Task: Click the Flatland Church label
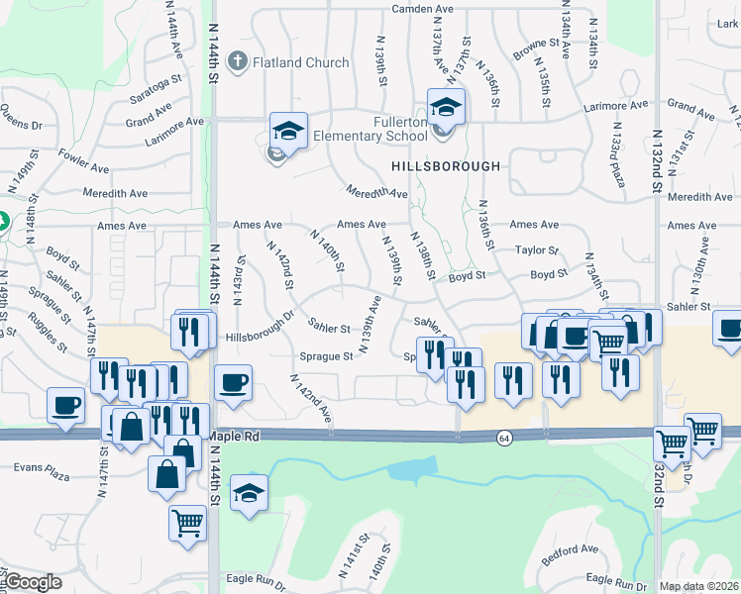301,63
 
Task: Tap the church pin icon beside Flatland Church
237,63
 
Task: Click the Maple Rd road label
239,436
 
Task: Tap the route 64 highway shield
504,438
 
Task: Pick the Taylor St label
539,251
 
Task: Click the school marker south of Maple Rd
249,491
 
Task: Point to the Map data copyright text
699,586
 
